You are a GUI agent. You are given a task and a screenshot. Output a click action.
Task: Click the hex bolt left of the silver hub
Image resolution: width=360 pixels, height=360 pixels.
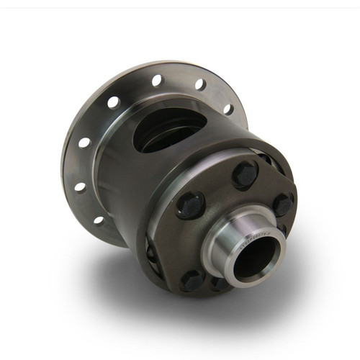pyautogui.click(x=192, y=204)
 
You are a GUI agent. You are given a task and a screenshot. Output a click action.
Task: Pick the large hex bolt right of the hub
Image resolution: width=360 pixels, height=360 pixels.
pyautogui.click(x=282, y=204)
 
